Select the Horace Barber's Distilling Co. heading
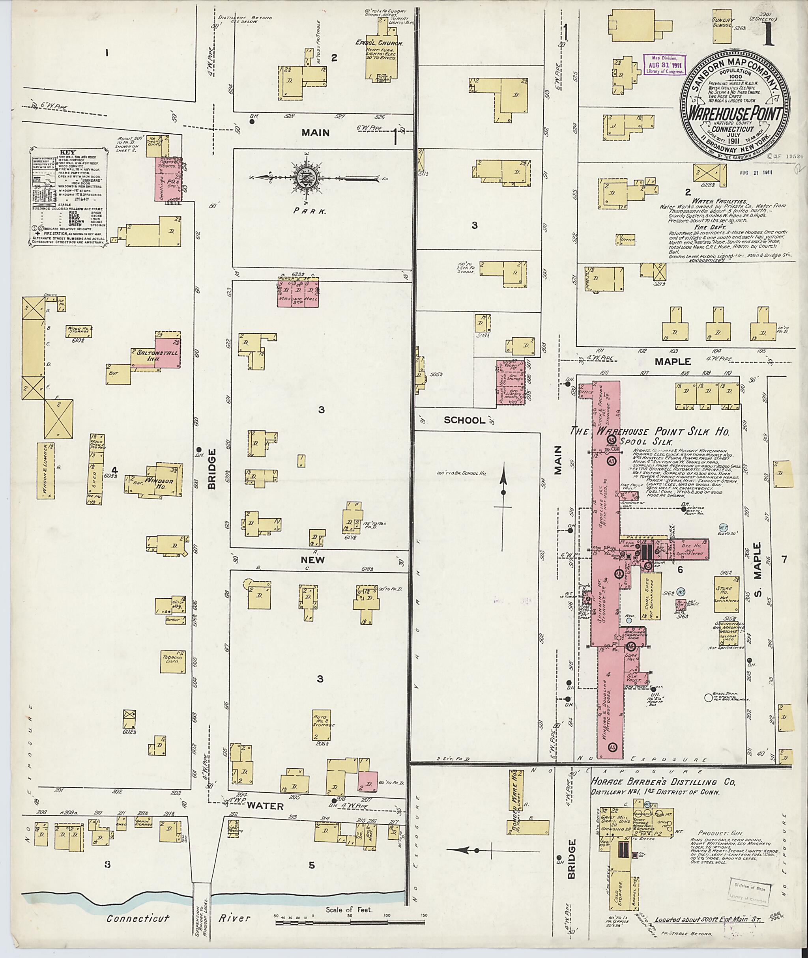coord(663,782)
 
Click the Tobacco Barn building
coord(173,660)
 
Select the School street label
coord(464,420)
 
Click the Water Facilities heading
coord(719,201)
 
